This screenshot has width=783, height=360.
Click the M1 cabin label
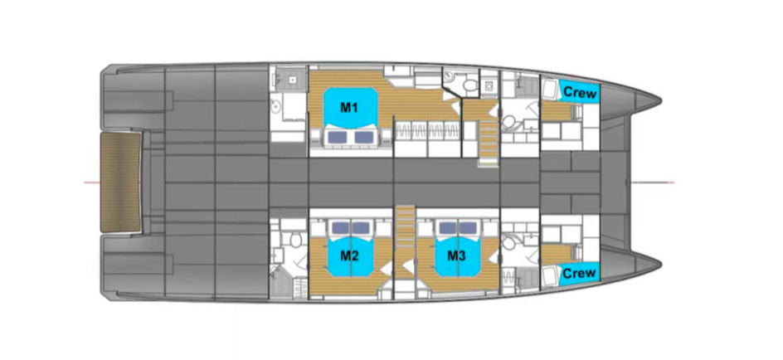click(348, 107)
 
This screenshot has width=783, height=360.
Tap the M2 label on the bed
click(349, 256)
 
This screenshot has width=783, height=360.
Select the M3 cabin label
click(456, 256)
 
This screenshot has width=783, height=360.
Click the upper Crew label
click(579, 92)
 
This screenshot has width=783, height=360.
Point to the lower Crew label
click(579, 273)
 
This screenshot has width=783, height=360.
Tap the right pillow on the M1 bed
click(363, 136)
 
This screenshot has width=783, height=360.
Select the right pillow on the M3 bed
click(468, 228)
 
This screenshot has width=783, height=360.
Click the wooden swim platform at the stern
click(120, 182)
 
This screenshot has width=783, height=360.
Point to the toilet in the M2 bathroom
click(294, 239)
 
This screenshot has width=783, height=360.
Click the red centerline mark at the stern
click(92, 182)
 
